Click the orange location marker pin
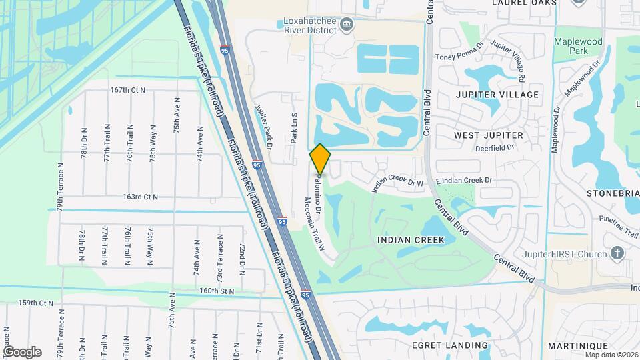tap(320, 159)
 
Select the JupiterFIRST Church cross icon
tap(617, 253)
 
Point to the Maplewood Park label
tap(577, 47)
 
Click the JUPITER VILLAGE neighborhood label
tap(497, 95)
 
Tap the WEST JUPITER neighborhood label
tap(488, 135)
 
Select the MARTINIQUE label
tap(577, 346)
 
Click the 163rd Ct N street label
tap(140, 197)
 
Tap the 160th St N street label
tap(217, 291)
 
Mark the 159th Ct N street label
tap(35, 303)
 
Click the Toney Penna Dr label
tap(458, 57)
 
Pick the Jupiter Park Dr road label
tap(265, 126)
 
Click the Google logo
tap(22, 352)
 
